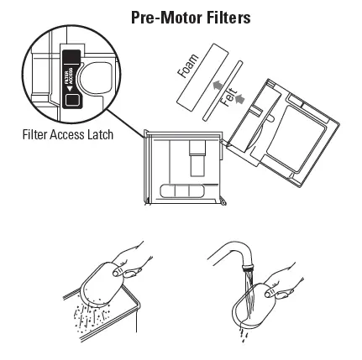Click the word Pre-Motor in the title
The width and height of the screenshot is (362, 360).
point(160,17)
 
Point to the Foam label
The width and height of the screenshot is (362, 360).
point(187,66)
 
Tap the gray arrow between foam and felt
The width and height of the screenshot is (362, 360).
point(218,86)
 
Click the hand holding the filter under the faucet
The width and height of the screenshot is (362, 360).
point(281,281)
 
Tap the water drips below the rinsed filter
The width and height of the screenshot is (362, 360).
point(244,337)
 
